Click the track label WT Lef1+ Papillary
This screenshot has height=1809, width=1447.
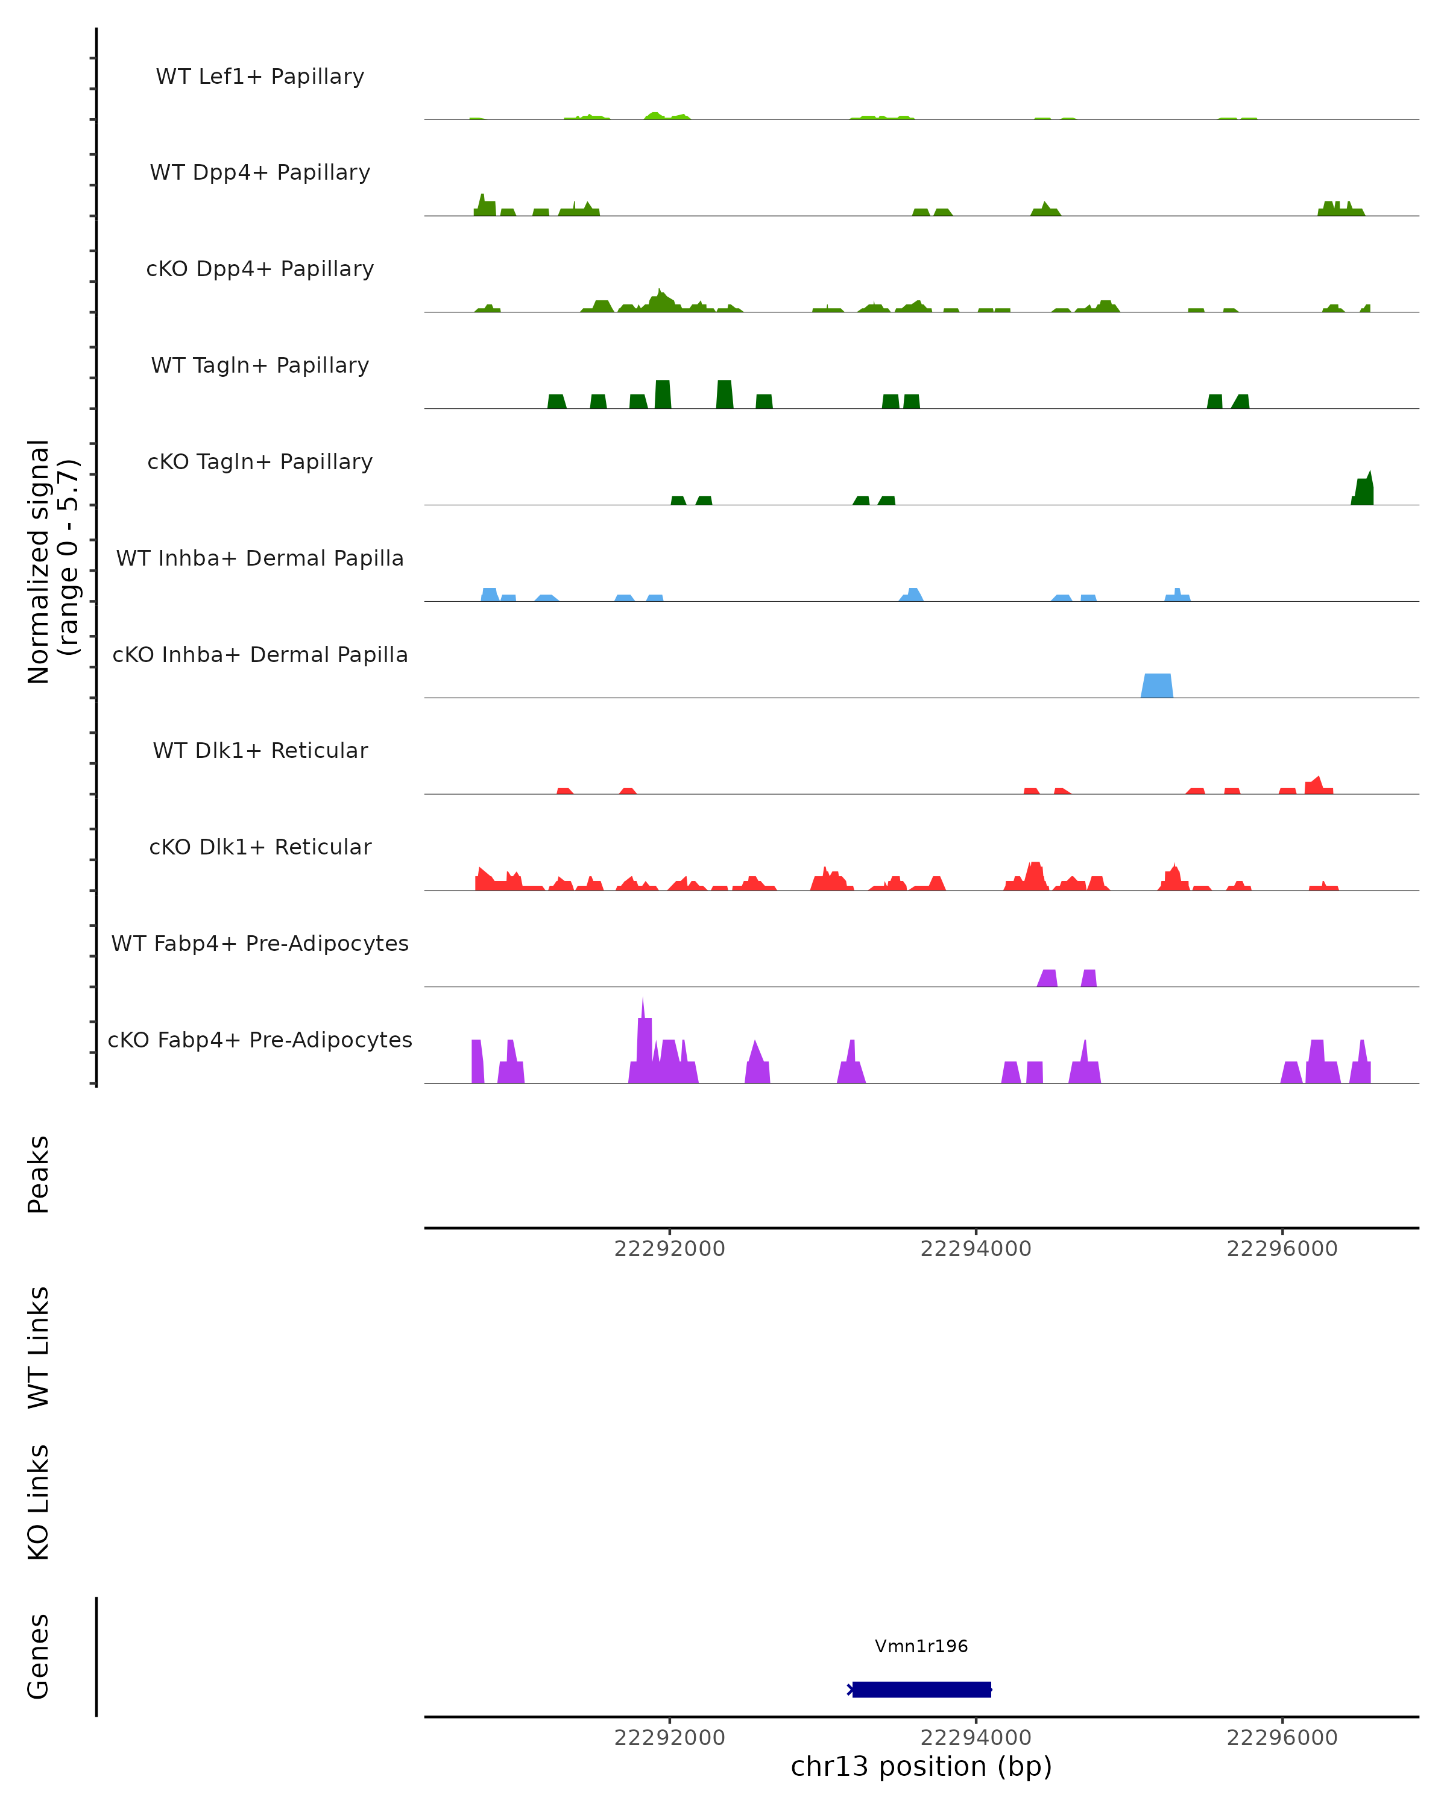[x=260, y=77]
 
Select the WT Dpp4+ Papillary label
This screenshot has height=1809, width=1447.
[x=260, y=173]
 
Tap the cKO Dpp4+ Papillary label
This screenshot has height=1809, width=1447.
[x=260, y=270]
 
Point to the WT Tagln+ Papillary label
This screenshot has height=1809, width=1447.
[x=260, y=366]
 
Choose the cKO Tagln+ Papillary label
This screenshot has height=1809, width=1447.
[x=260, y=463]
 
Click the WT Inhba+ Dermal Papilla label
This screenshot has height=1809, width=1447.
[x=260, y=559]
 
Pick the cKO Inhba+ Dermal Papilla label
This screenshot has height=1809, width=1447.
[x=260, y=655]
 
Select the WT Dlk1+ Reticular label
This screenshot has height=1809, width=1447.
[x=260, y=751]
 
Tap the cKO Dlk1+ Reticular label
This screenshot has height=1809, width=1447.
[x=260, y=847]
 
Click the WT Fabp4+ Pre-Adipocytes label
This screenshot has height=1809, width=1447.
[x=260, y=944]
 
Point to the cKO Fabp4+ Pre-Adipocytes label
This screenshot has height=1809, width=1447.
[x=260, y=1040]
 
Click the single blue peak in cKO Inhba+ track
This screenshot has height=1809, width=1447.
[x=1157, y=686]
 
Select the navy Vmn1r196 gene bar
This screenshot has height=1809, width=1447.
[x=922, y=1690]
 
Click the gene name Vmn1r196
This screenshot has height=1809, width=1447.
[x=921, y=1646]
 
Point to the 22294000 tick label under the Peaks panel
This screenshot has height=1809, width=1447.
[x=976, y=1249]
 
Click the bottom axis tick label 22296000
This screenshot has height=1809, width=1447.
[x=1282, y=1738]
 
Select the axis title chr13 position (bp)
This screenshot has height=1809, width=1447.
[x=921, y=1767]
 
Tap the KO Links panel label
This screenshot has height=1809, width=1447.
[x=39, y=1503]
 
